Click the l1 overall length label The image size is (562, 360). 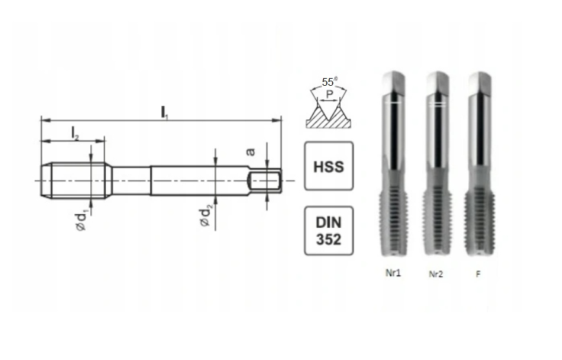tap(165, 112)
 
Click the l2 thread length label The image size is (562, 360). tap(75, 134)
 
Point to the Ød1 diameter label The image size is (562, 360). tap(82, 221)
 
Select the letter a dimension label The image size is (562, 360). tap(250, 152)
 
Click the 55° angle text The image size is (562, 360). tap(329, 82)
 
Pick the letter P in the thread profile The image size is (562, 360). tap(330, 94)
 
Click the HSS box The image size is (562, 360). tap(328, 166)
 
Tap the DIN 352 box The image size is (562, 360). tap(328, 231)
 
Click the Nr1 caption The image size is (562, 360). tap(393, 273)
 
